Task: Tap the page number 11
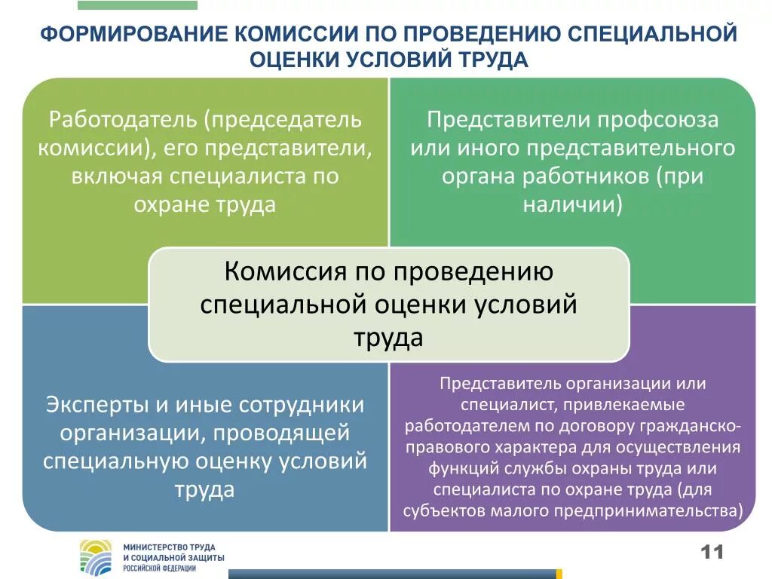tap(712, 552)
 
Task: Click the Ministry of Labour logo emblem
tap(96, 556)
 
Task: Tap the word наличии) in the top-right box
tap(572, 204)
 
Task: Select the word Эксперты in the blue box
tap(96, 404)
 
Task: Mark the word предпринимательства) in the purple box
tap(651, 510)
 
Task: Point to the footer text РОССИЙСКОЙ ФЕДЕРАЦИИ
tap(160, 568)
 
